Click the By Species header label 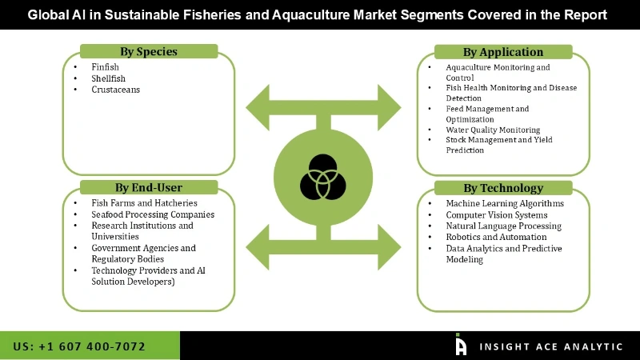click(x=149, y=52)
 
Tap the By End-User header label click(x=149, y=188)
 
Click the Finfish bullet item click(x=106, y=68)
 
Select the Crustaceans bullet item click(x=117, y=90)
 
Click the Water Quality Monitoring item click(x=493, y=130)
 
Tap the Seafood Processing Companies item click(x=154, y=214)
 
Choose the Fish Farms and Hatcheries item click(x=145, y=203)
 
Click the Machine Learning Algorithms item click(x=505, y=203)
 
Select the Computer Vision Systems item click(x=497, y=214)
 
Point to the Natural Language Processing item click(x=504, y=226)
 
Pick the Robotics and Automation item click(x=496, y=237)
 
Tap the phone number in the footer click(x=79, y=346)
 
